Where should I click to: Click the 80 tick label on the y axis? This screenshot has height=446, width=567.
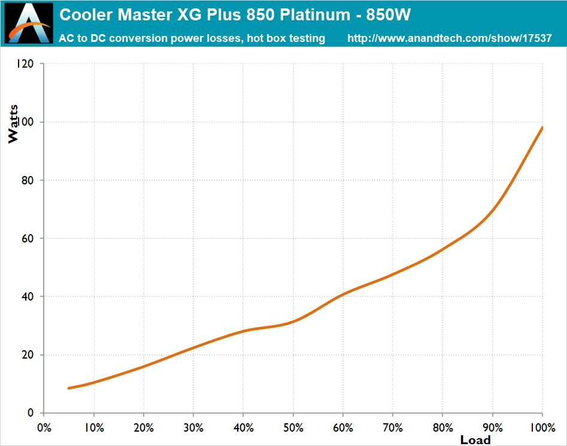[28, 180]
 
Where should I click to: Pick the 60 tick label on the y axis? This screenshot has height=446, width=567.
[28, 238]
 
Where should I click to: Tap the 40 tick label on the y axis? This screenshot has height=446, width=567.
[28, 296]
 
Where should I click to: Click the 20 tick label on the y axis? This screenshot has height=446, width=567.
[28, 355]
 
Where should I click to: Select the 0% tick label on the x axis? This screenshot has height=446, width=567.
[44, 428]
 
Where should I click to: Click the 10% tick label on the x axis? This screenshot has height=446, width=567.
[94, 428]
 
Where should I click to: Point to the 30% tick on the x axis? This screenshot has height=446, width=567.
[193, 428]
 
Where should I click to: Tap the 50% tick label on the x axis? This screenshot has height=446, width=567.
[293, 428]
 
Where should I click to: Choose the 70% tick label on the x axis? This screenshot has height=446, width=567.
[393, 428]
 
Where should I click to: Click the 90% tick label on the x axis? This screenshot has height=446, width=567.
[492, 428]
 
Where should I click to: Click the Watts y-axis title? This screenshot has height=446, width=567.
[13, 124]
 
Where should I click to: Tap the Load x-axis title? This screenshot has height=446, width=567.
[475, 441]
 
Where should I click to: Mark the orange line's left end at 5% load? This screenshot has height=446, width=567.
[69, 389]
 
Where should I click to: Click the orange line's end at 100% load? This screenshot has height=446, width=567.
[542, 128]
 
